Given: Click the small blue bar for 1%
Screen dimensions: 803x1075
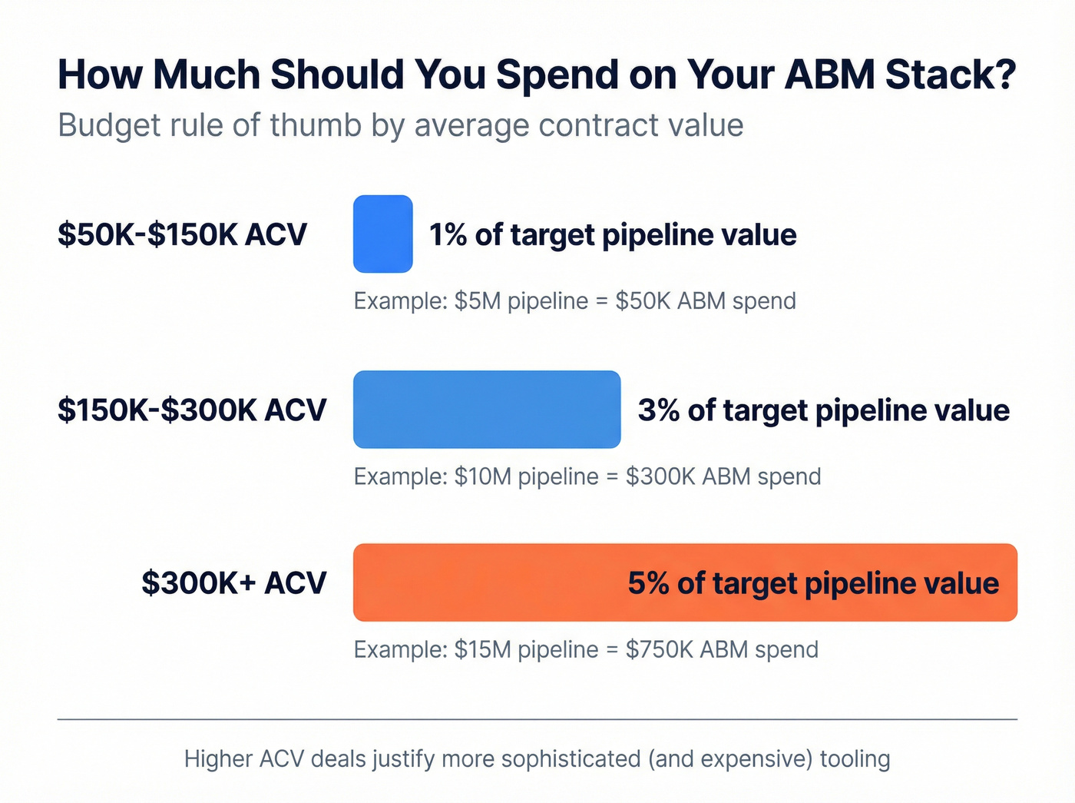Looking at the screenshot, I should coord(382,234).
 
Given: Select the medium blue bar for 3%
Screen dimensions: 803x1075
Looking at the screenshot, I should coord(486,410).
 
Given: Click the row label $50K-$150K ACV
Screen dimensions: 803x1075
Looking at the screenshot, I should coord(182,234).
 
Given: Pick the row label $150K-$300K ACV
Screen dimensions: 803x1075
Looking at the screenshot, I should coord(192,410).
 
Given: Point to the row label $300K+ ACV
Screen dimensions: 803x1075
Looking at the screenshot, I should coord(233,583).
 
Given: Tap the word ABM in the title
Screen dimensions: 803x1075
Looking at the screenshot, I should coord(830,75).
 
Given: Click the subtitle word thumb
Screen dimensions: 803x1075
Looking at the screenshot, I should coord(316,125).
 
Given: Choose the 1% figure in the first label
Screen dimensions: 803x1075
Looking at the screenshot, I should coord(448,235).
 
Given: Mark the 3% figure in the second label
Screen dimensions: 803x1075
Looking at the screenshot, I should coord(658,410).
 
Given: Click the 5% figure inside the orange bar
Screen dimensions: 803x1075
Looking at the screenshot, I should coord(648,583).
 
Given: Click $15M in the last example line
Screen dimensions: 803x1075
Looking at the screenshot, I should coord(482,649).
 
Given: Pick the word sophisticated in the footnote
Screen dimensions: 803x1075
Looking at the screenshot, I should coord(571,759).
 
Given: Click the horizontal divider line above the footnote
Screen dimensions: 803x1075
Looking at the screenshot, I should coord(537,719).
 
